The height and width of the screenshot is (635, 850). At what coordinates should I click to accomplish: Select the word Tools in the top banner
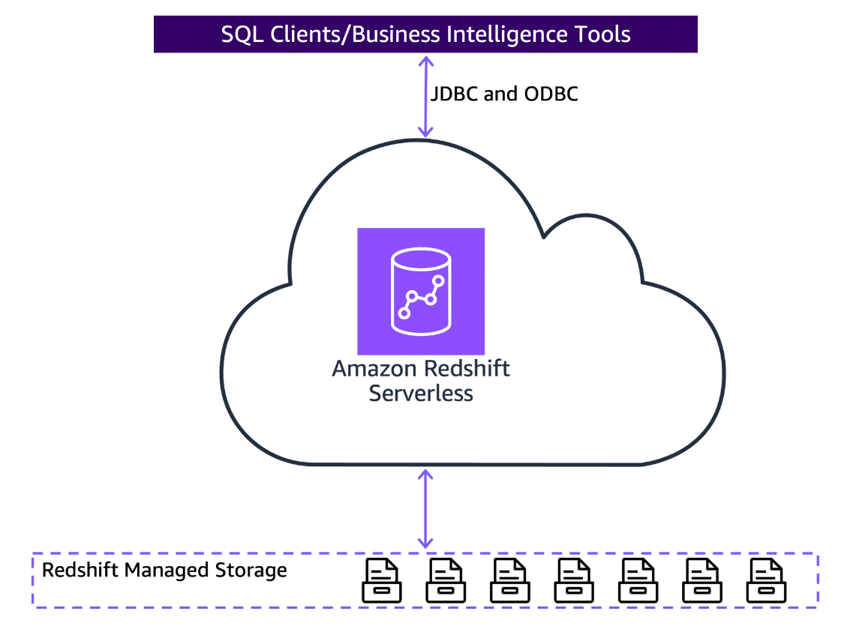tap(597, 34)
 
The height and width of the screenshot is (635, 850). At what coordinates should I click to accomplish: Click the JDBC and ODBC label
tap(504, 94)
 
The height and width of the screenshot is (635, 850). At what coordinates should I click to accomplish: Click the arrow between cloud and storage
tap(425, 508)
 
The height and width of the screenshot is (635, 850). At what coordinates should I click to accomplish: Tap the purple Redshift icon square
tap(421, 291)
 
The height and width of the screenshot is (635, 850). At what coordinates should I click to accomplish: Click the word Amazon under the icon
tap(375, 369)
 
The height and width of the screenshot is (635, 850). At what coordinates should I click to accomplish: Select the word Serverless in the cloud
tap(421, 393)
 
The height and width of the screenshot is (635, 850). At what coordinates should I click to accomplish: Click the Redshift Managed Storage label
tap(164, 571)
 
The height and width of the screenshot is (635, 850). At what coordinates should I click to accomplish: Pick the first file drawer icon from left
tap(381, 580)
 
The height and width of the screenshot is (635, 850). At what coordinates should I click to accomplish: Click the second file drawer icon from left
tap(446, 580)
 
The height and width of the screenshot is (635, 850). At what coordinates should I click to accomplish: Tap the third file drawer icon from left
tap(509, 580)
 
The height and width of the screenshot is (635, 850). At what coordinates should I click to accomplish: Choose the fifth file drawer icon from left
tap(638, 580)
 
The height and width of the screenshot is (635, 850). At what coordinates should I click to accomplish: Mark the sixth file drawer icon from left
tap(701, 580)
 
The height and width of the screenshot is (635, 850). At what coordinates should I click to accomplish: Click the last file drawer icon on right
tap(765, 580)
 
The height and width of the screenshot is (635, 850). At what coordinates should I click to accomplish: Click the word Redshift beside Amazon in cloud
tap(467, 369)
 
